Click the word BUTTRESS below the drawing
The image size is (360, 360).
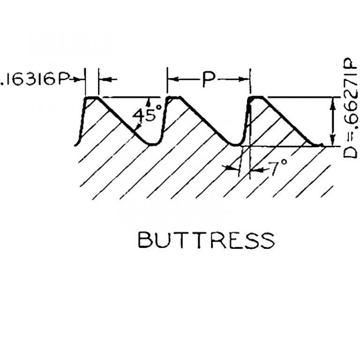[x=206, y=240]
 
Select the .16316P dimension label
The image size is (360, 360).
[x=34, y=80]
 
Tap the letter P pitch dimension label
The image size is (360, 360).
[x=209, y=79]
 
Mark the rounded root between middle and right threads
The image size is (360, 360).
[x=236, y=145]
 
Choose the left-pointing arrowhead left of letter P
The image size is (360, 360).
[x=174, y=79]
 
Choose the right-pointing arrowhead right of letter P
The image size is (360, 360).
[x=243, y=79]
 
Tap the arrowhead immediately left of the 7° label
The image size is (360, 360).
[x=255, y=170]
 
